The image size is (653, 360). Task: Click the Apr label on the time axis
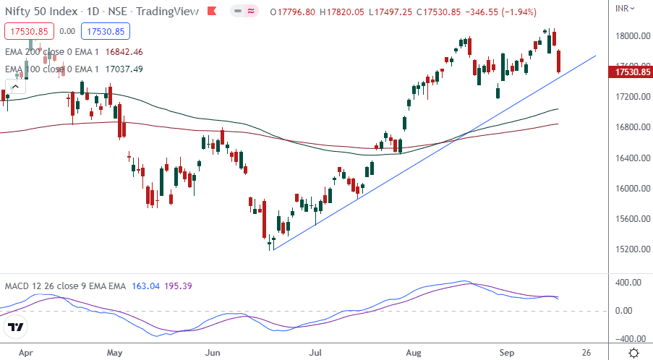point(26,353)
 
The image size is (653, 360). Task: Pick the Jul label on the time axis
point(315,353)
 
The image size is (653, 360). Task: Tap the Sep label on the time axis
point(506,353)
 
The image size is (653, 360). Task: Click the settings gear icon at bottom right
point(633,353)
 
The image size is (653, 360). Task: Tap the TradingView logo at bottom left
point(17,327)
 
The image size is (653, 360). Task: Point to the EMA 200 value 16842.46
point(124,52)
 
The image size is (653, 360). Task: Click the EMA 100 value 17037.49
point(124,69)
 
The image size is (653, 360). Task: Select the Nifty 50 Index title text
point(34,12)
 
